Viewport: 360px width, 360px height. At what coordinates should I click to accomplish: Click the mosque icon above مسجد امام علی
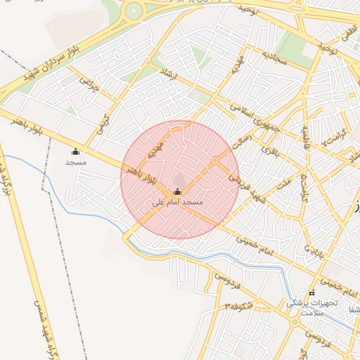pos(176,192)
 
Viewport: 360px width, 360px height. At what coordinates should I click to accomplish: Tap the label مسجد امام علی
pos(177,202)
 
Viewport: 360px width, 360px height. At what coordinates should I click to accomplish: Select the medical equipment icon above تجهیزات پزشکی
pos(311,292)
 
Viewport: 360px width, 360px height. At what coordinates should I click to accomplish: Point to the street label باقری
pos(271,150)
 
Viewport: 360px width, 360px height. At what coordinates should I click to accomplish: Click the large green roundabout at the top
pos(134,11)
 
